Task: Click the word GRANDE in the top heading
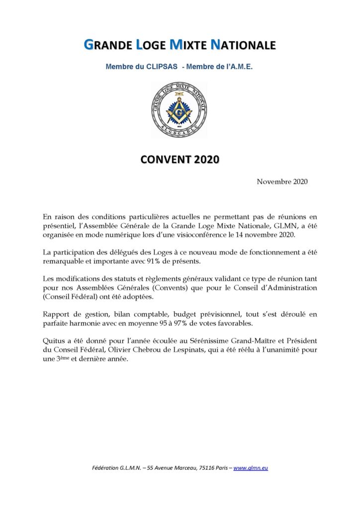(x=107, y=45)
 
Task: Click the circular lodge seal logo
(x=180, y=110)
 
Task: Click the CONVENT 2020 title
(x=180, y=160)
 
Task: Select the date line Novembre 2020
(x=282, y=181)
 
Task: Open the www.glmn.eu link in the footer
(x=251, y=468)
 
